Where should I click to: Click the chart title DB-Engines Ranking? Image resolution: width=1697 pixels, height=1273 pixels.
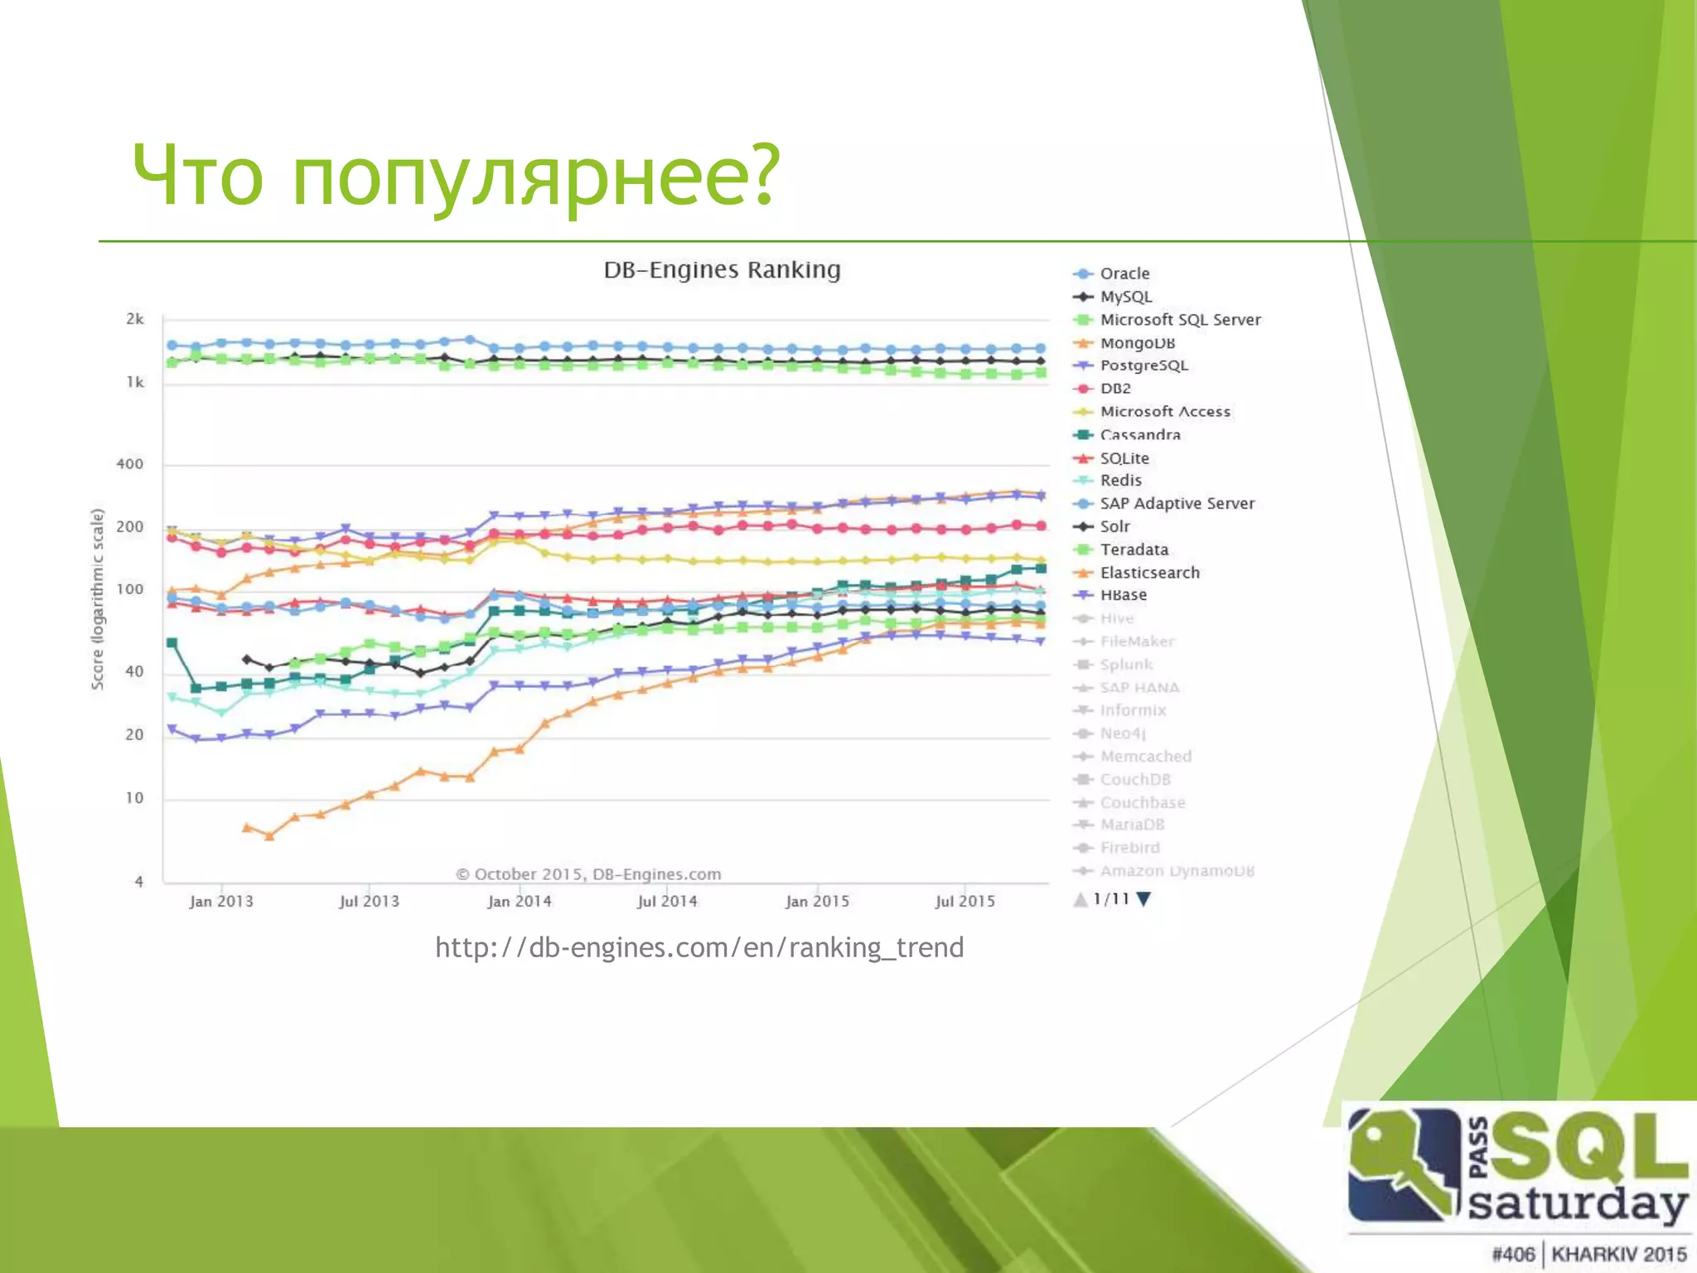click(722, 270)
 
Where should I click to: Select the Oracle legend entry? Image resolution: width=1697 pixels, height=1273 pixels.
click(1124, 273)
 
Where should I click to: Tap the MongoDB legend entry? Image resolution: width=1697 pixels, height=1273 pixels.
click(1137, 342)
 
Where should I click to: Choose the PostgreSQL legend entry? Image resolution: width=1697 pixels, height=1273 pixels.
click(1143, 365)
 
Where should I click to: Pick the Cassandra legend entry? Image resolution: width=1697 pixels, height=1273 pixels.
click(1139, 434)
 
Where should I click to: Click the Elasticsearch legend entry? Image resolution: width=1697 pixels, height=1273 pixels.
click(1149, 573)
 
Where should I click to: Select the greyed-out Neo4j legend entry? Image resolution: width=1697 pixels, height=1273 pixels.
click(1122, 733)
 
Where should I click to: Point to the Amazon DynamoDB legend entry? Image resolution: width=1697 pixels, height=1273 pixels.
click(1177, 871)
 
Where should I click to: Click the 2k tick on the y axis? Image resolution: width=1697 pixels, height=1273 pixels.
click(135, 319)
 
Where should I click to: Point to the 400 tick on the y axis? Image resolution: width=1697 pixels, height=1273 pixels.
click(130, 464)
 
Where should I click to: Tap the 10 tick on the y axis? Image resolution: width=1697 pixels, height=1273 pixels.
click(134, 798)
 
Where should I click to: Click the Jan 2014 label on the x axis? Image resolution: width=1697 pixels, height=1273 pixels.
click(520, 902)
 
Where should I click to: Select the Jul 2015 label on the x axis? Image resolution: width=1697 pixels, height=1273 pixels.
click(965, 902)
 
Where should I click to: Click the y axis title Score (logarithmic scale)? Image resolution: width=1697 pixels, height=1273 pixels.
click(98, 598)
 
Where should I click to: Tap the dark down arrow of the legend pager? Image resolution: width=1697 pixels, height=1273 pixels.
click(1144, 899)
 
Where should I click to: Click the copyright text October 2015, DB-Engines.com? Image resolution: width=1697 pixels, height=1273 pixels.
click(589, 874)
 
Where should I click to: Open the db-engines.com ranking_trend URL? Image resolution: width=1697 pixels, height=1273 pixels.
click(699, 947)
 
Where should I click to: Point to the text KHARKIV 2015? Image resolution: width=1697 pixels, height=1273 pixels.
click(1618, 1254)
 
